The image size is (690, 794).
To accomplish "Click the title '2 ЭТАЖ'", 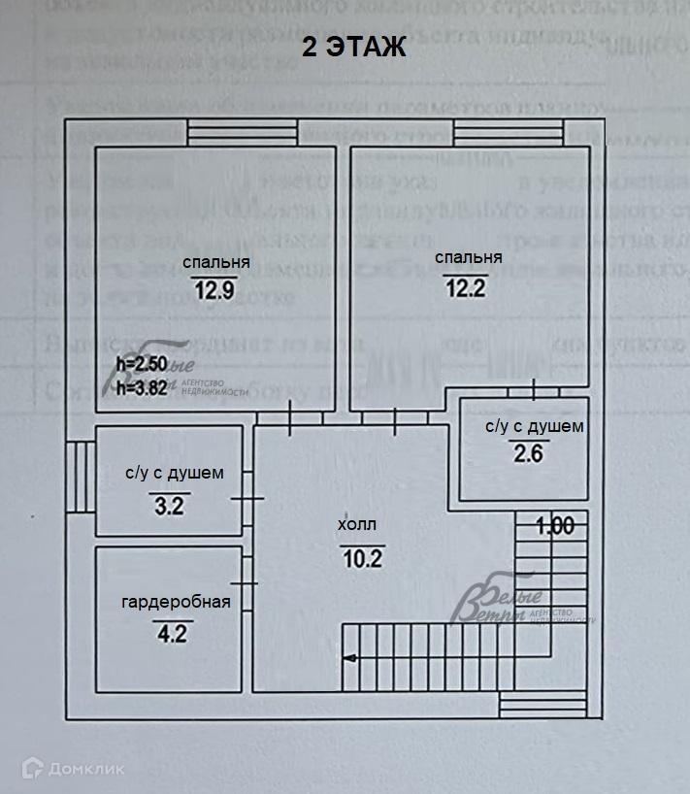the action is click(x=353, y=48).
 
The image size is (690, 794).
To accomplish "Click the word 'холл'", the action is click(x=356, y=525).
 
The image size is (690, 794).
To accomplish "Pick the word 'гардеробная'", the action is click(x=176, y=602).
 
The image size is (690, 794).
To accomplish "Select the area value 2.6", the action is click(x=528, y=453).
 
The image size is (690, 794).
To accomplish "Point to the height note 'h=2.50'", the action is click(x=142, y=365).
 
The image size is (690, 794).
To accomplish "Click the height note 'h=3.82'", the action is click(x=142, y=386).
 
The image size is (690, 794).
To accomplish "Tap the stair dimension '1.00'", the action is click(x=556, y=526).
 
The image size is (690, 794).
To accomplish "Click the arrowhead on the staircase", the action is click(x=349, y=659).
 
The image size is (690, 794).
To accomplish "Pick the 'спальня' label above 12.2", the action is click(x=468, y=257).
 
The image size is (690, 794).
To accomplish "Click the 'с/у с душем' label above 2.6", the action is click(x=534, y=426).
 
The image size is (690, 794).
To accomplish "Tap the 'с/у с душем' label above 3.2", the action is click(x=175, y=474).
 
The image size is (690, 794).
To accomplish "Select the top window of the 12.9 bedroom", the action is click(x=242, y=131).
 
